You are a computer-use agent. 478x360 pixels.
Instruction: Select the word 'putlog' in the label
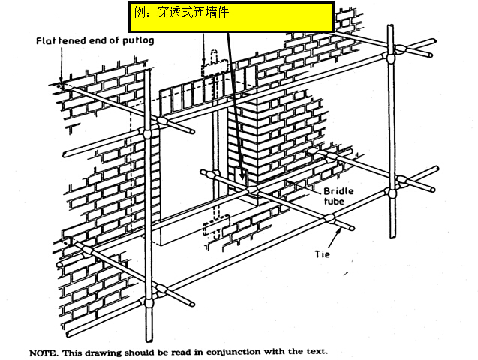click(137, 40)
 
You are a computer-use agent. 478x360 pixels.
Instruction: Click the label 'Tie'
click(322, 253)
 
